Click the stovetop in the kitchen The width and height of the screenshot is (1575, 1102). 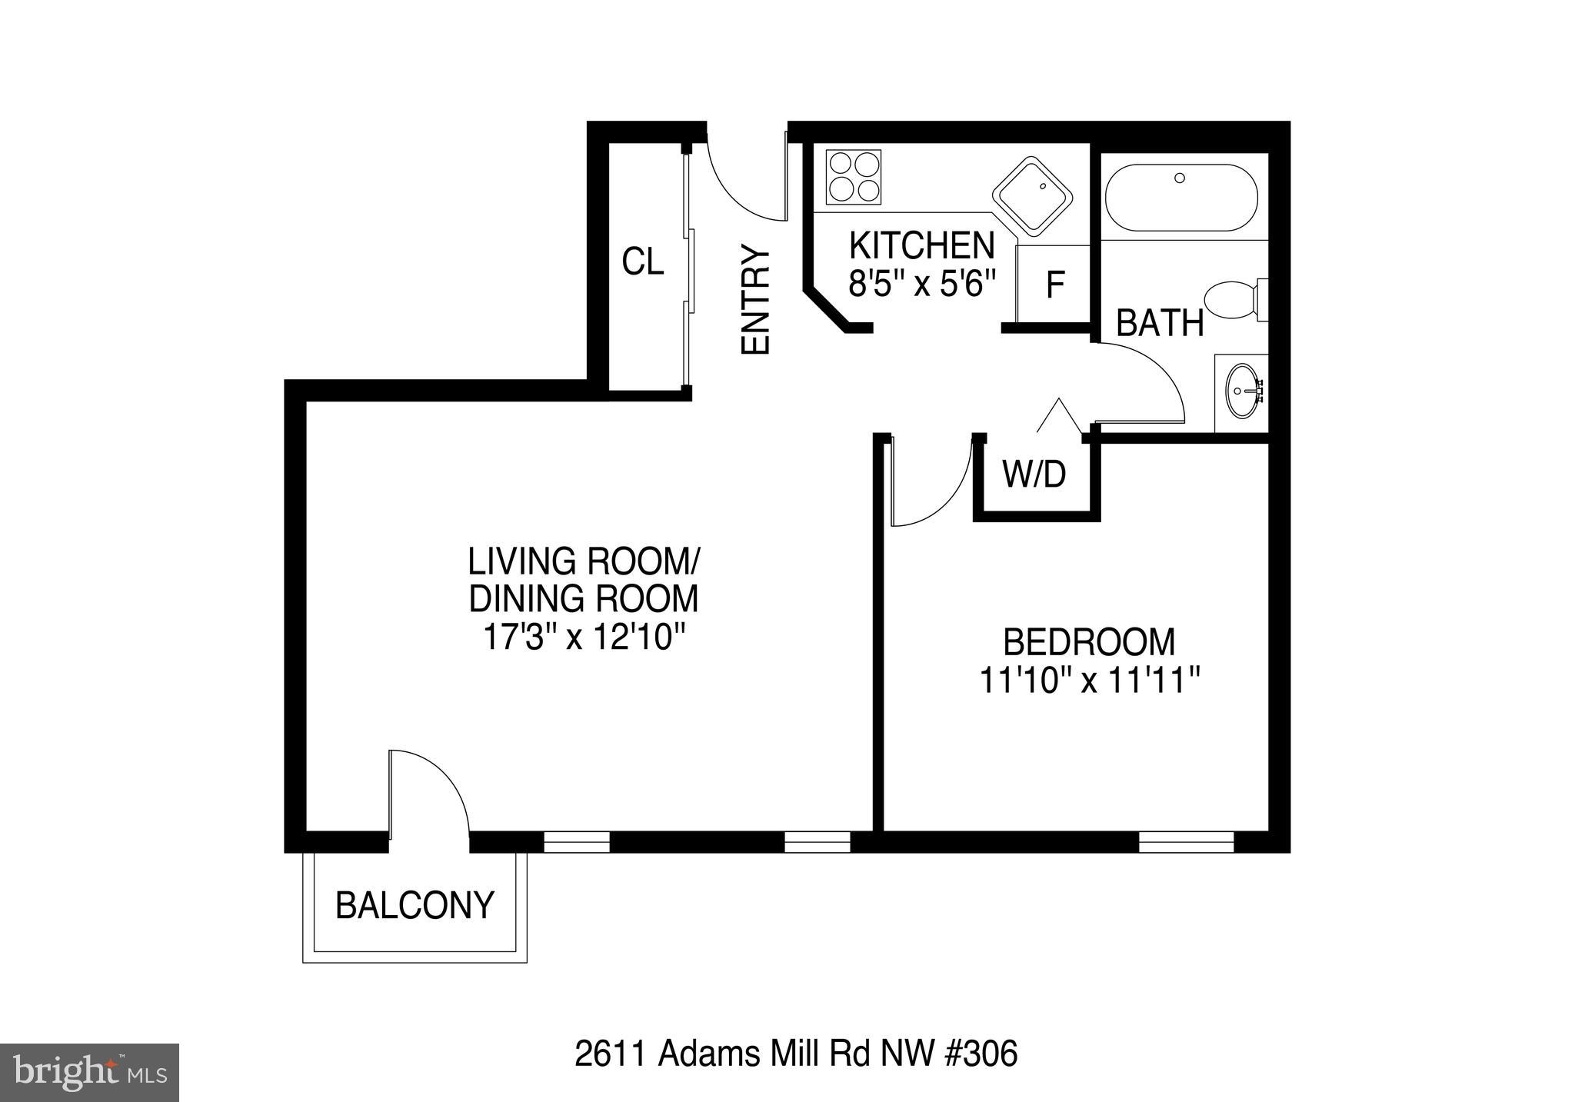pos(853,177)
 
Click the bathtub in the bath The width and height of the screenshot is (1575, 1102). pos(1181,198)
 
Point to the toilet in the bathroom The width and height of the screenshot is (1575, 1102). pos(1233,299)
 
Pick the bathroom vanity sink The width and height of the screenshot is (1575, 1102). pos(1244,391)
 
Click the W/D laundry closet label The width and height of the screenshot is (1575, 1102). pos(1034,474)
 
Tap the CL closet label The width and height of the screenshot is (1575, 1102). pos(642,262)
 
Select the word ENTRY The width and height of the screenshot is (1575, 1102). pos(755,300)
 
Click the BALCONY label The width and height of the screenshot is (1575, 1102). pos(415,905)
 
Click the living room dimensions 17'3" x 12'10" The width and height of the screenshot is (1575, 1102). pos(584,637)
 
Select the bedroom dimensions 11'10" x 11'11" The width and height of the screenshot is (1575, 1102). pos(1090,680)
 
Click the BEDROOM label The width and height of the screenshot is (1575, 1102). pos(1090,642)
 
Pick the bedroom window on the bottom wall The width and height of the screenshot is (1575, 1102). pos(1186,842)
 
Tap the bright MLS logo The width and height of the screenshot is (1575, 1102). pos(89,1072)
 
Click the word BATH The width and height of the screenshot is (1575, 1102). pos(1160,323)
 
